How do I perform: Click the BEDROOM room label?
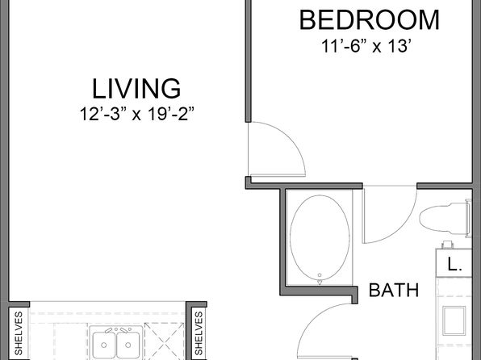click(x=369, y=20)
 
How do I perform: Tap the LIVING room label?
click(x=136, y=89)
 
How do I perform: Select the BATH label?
click(x=394, y=290)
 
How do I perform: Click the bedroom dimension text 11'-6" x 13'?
click(x=366, y=46)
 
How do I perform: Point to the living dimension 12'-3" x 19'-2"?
click(x=137, y=114)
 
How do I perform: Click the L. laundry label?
click(x=454, y=264)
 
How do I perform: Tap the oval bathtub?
click(x=320, y=238)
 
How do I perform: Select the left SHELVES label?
click(x=19, y=333)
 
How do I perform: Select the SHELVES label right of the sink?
click(x=199, y=333)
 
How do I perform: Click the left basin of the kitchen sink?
click(x=103, y=345)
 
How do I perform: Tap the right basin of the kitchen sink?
click(x=128, y=345)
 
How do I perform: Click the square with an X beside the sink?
click(x=165, y=341)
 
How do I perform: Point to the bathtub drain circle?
click(x=320, y=275)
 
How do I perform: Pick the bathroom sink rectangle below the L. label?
click(x=454, y=320)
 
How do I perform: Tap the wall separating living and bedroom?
click(x=249, y=61)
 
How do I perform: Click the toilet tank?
click(x=469, y=218)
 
